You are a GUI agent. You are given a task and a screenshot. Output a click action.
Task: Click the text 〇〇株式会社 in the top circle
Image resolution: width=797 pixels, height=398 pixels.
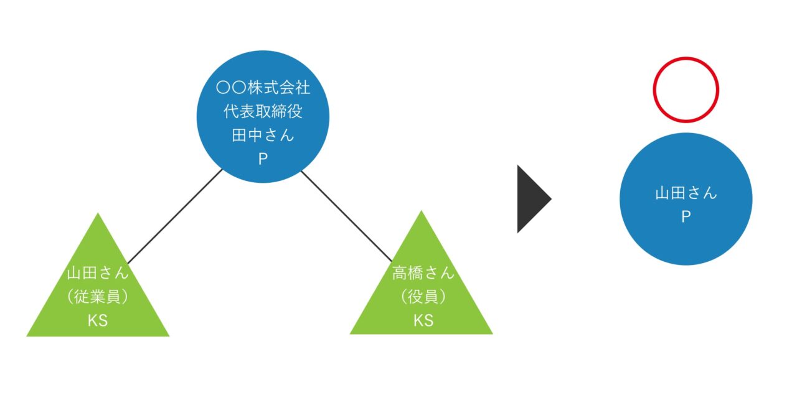click(x=263, y=88)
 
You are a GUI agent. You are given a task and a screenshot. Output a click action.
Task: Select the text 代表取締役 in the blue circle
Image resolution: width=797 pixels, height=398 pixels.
click(x=263, y=112)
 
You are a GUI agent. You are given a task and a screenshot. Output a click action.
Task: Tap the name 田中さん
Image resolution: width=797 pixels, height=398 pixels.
click(x=263, y=136)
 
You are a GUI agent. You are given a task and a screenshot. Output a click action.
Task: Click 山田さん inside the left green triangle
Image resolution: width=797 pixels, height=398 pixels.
click(x=98, y=273)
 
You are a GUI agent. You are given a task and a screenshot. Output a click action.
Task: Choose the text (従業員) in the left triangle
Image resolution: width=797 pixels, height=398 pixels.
click(x=98, y=297)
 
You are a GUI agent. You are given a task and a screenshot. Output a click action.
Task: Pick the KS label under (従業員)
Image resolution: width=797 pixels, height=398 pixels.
click(x=98, y=321)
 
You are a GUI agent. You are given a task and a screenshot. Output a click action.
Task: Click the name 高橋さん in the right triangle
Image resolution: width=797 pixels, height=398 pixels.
click(x=423, y=273)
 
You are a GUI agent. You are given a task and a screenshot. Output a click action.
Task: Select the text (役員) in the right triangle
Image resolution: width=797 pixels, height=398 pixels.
click(x=423, y=297)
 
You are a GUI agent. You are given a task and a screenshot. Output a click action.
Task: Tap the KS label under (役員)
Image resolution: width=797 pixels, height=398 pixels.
click(x=423, y=321)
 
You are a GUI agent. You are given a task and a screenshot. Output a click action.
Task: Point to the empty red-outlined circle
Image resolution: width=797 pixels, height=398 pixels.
click(x=686, y=90)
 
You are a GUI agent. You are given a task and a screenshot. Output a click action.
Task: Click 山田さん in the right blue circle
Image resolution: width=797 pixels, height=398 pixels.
click(x=686, y=193)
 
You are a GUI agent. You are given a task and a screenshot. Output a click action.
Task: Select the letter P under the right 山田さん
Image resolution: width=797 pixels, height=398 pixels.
click(x=686, y=218)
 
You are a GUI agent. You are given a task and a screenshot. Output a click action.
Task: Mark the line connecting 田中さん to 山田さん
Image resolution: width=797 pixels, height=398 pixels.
click(x=175, y=216)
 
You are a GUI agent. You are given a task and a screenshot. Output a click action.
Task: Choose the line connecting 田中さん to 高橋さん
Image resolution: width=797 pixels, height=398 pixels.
click(x=347, y=216)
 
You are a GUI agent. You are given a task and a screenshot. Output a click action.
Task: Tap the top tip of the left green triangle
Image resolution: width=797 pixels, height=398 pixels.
click(x=98, y=215)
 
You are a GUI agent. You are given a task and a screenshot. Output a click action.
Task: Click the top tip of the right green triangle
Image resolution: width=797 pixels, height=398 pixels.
click(x=422, y=212)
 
